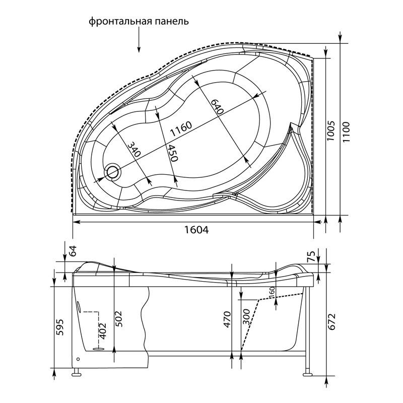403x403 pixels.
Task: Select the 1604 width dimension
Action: (x=196, y=230)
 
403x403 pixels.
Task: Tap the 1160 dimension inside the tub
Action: (x=181, y=129)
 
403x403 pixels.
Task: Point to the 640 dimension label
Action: (x=217, y=107)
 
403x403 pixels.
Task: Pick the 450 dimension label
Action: (x=172, y=152)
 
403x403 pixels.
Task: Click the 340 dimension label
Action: (x=134, y=149)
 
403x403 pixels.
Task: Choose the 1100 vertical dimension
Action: (x=346, y=132)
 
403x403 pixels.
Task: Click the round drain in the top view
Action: (x=112, y=172)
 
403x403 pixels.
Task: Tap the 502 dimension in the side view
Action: (x=118, y=319)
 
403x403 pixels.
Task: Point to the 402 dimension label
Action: (x=103, y=331)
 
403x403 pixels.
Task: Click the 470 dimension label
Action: (x=227, y=319)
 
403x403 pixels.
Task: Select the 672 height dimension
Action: (x=332, y=322)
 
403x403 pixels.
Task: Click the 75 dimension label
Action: (x=311, y=256)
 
